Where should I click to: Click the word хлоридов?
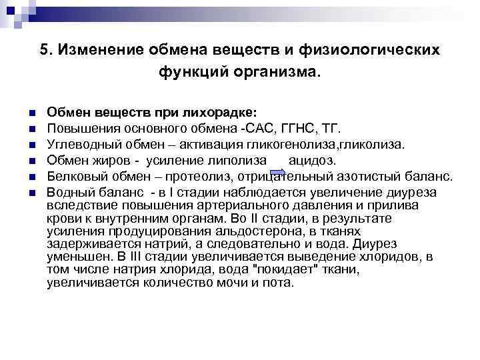click(389, 257)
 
